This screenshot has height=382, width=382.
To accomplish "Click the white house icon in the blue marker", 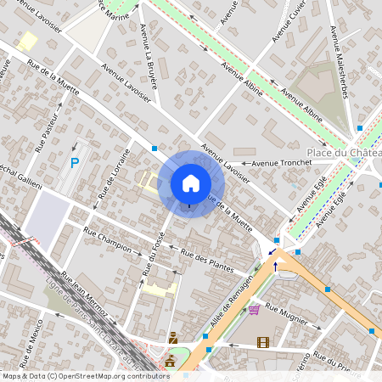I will click(x=191, y=183).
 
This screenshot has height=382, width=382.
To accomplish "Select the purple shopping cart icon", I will click(x=254, y=309).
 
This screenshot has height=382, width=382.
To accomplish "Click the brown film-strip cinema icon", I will click(x=262, y=342).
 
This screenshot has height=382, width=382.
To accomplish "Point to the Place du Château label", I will click(x=344, y=153).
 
